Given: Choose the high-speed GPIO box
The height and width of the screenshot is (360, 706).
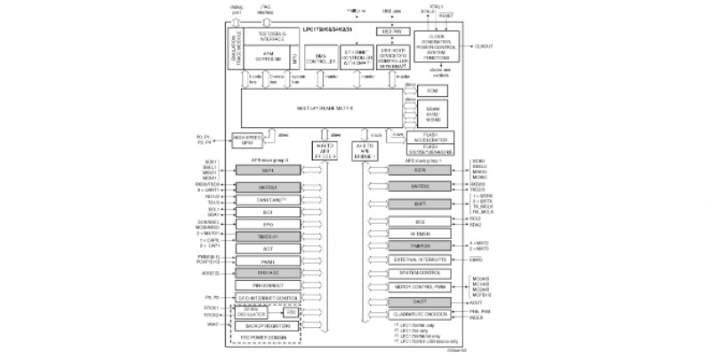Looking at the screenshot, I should (250, 138).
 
